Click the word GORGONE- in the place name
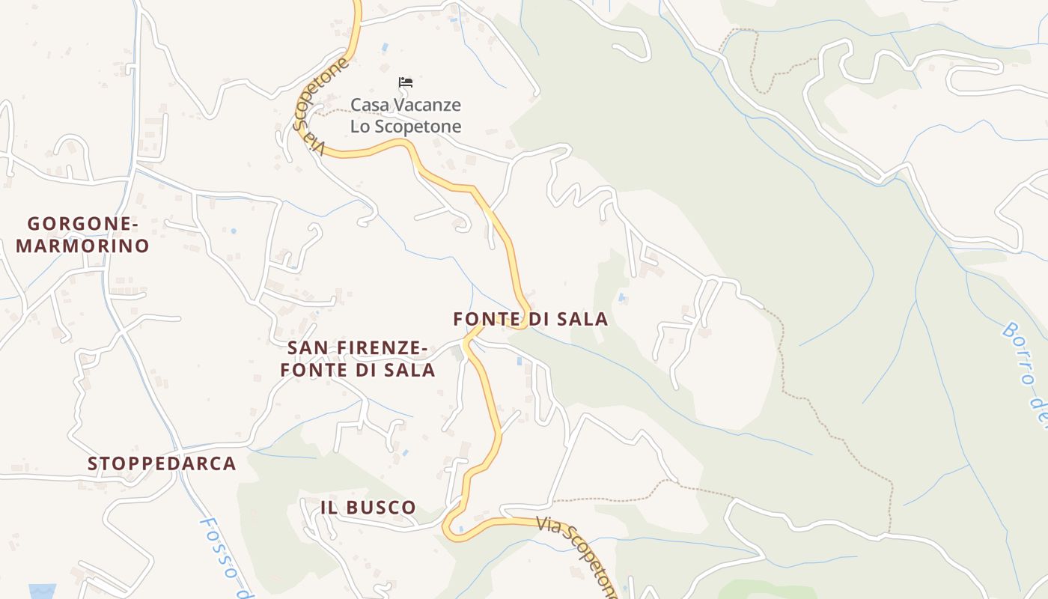click(x=83, y=223)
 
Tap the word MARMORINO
click(x=83, y=246)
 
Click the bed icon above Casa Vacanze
click(x=406, y=82)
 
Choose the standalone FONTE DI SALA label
click(x=531, y=319)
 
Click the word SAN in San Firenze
click(x=309, y=347)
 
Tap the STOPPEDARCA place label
click(x=162, y=463)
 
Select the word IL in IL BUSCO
click(x=329, y=507)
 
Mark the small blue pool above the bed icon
click(x=385, y=47)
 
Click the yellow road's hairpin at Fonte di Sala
click(x=525, y=314)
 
